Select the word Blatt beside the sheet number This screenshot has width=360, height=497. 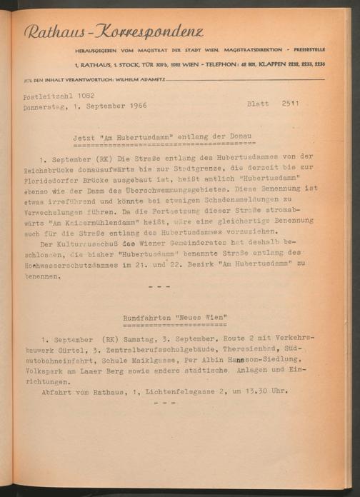258,104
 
